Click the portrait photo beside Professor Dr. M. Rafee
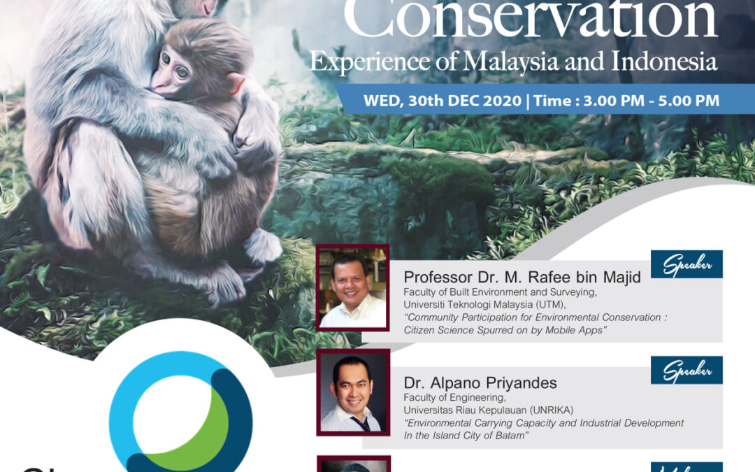[x=352, y=287]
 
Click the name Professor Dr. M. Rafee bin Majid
[x=522, y=278]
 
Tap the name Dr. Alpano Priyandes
[x=480, y=382]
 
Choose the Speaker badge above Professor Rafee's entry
[x=686, y=264]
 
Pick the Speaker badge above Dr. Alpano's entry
[x=686, y=370]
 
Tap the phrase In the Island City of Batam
[x=464, y=435]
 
